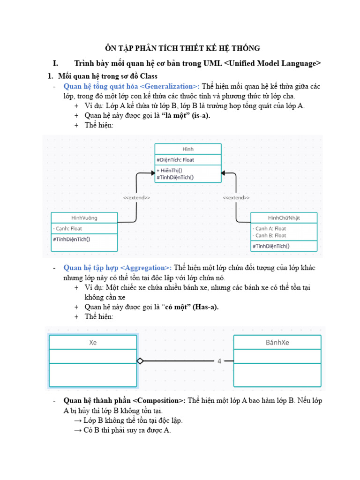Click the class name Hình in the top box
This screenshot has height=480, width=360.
(x=187, y=149)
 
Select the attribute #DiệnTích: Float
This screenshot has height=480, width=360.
(x=176, y=160)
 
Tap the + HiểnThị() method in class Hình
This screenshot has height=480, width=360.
(x=170, y=171)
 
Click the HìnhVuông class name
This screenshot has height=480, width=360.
(x=84, y=217)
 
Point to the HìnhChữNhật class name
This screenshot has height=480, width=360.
(x=284, y=217)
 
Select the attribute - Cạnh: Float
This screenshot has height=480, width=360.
(x=68, y=229)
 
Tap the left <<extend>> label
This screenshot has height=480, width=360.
(x=136, y=198)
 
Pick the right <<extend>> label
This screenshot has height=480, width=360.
(x=236, y=198)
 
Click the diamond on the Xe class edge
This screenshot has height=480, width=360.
(x=140, y=361)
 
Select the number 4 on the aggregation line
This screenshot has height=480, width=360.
(x=219, y=361)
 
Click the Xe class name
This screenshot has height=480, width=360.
(x=93, y=342)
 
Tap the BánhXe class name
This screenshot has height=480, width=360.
(x=277, y=342)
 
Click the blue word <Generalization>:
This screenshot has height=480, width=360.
(x=170, y=86)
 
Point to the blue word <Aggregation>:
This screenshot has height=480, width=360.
(x=146, y=268)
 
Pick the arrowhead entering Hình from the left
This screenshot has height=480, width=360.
(x=151, y=173)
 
